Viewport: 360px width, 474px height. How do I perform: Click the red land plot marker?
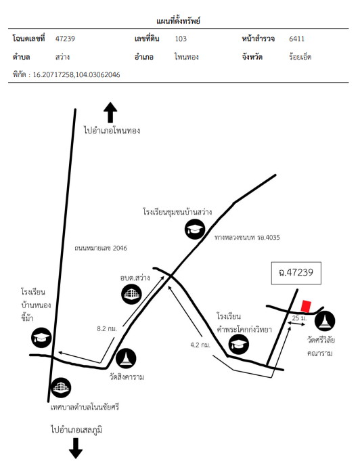[306, 306]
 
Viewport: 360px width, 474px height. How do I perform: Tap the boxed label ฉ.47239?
[296, 273]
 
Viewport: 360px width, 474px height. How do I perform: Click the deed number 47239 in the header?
[65, 39]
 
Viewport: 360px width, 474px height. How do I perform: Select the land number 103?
[181, 39]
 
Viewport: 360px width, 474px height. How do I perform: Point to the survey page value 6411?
[296, 39]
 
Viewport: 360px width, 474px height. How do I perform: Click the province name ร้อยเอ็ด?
[300, 56]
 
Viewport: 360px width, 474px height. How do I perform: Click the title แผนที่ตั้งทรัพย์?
[178, 21]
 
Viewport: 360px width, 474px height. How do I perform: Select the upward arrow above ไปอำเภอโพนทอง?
[110, 112]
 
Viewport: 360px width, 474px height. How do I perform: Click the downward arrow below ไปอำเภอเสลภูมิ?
[76, 448]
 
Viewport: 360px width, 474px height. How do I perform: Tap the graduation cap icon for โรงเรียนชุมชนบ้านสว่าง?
[195, 230]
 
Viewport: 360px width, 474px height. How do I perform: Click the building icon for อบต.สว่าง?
[132, 294]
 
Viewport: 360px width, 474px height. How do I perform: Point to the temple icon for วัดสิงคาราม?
[126, 358]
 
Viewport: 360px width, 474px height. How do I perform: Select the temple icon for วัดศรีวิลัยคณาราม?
[325, 321]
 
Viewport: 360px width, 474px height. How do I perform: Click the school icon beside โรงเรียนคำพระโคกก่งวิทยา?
[239, 344]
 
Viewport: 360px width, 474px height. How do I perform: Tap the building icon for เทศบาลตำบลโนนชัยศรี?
[61, 387]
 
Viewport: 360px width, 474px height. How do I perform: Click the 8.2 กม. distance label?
[107, 328]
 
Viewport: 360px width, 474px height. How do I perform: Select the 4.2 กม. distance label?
[200, 345]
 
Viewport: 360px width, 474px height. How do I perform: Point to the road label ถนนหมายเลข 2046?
[101, 249]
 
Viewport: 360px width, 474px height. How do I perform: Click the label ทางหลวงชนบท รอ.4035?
[247, 237]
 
